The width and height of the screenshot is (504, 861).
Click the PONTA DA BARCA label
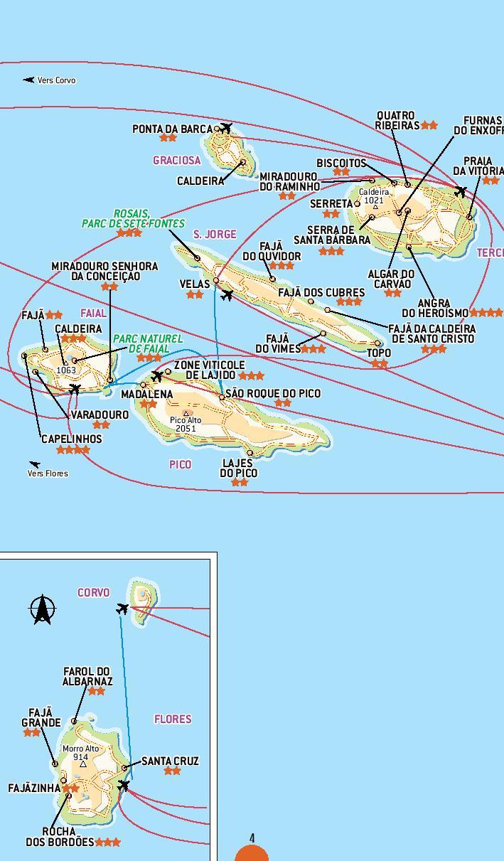tap(172, 129)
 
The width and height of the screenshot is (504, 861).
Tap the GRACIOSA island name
tap(176, 161)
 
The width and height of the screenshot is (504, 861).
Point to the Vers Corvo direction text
tap(56, 80)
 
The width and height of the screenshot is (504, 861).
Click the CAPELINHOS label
tap(72, 439)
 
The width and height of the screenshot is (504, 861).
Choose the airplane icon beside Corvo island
tap(123, 609)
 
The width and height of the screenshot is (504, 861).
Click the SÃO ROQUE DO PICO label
tap(273, 393)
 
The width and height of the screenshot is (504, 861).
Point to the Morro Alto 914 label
tap(81, 753)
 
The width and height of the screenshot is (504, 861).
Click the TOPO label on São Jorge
tap(379, 353)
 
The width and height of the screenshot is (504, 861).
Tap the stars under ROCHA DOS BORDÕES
tap(107, 843)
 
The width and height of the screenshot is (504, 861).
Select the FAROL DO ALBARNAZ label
tap(87, 676)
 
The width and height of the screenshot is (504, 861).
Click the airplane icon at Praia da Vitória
tap(461, 191)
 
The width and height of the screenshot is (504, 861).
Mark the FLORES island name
tap(173, 719)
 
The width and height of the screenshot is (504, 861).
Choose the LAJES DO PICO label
tap(238, 468)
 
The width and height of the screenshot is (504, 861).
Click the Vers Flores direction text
tap(48, 473)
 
